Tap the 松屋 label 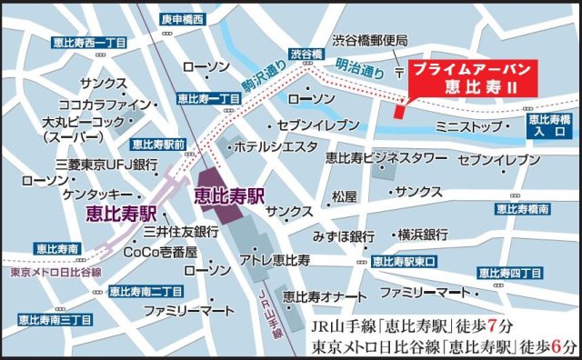point(345,195)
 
